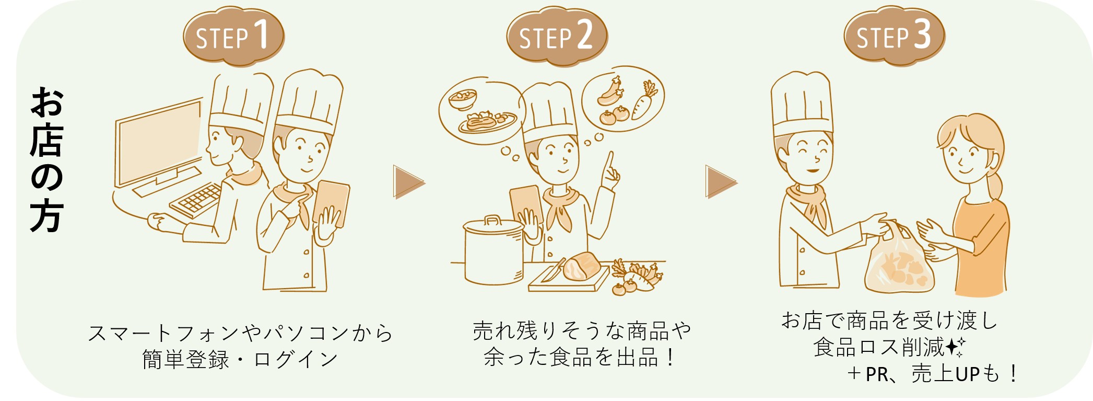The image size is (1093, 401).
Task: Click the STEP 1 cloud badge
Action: pos(233,37)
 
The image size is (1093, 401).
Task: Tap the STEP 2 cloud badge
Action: pos(556,37)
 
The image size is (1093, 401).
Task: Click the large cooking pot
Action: pos(493,254)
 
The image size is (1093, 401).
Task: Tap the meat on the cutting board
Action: pos(581,267)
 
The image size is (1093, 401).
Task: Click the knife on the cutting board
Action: pos(553,271)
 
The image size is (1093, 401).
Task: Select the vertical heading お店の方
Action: pos(47,159)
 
